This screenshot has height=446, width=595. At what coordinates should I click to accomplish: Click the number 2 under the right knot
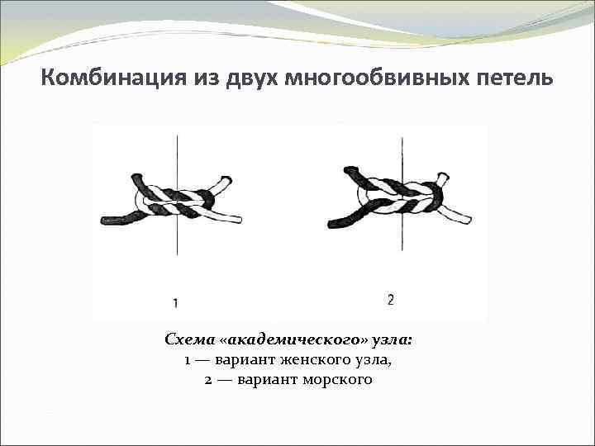pos(390,300)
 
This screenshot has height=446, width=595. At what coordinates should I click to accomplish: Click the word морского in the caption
pos(340,380)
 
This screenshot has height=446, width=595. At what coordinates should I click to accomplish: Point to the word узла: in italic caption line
pos(392,340)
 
